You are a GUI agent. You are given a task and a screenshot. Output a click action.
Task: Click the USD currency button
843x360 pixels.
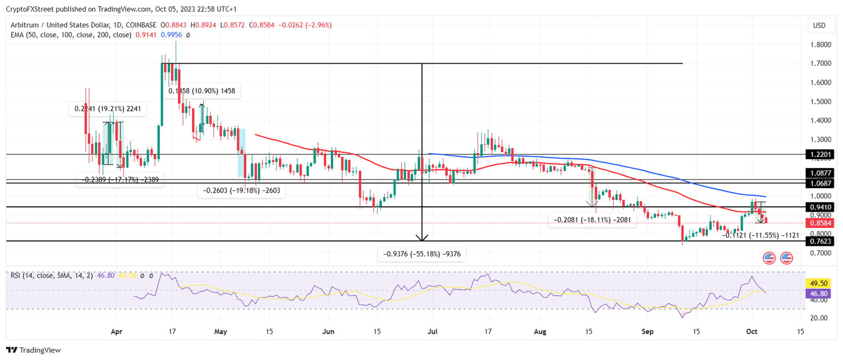click(819, 25)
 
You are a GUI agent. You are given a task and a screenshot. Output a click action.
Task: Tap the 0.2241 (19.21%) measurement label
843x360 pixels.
click(108, 109)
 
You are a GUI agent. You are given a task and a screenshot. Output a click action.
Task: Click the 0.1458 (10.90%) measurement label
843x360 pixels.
click(202, 91)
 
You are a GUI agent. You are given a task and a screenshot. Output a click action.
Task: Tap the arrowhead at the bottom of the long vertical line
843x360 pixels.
click(421, 238)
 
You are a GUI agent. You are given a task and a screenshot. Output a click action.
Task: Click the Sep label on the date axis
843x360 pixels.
click(647, 331)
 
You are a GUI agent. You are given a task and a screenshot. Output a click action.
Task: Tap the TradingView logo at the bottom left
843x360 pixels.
click(33, 350)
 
